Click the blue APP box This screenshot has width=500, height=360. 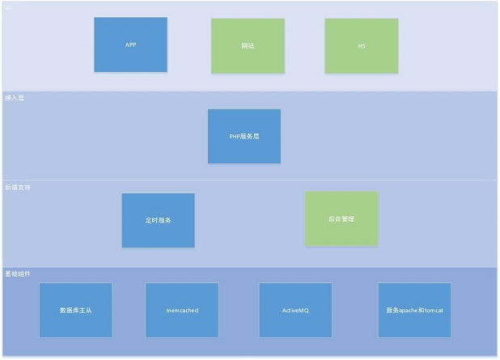tap(130, 44)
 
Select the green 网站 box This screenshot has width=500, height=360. tap(248, 46)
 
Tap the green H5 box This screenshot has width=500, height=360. tap(362, 46)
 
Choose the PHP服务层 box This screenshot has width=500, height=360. tap(244, 136)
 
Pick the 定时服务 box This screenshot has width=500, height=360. tap(158, 220)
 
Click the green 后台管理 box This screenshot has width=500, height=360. tap(341, 218)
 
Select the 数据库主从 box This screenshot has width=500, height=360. tap(75, 310)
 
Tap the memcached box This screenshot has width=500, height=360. tap(182, 310)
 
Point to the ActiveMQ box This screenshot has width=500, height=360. tap(295, 310)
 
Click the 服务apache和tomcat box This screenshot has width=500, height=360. tap(414, 310)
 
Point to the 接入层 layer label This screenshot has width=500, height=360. tap(14, 96)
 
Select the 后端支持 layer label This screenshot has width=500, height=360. tap(17, 186)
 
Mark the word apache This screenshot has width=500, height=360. tap(406, 310)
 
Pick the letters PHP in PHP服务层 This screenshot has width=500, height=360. tap(235, 137)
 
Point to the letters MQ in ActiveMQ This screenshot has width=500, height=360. tap(304, 310)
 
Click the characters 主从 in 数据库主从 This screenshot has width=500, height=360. tap(85, 310)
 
